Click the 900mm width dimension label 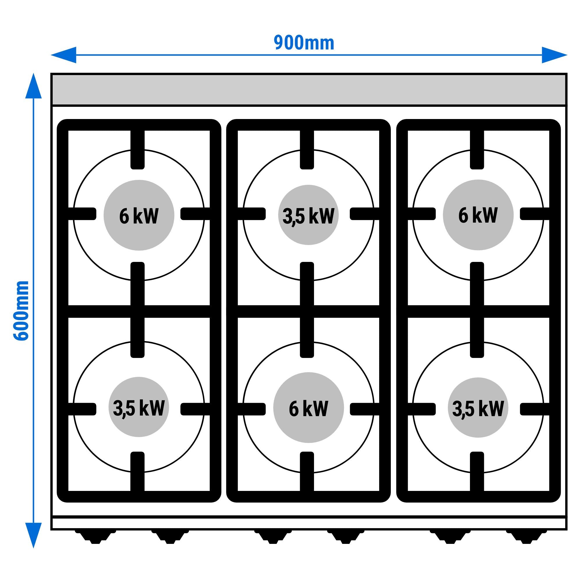(x=304, y=43)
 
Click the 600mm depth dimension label (x=21, y=310)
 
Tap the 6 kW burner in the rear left (x=139, y=215)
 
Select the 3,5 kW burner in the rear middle (x=308, y=215)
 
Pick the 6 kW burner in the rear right (x=478, y=215)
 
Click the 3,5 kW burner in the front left (x=139, y=407)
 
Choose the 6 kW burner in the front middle (x=308, y=408)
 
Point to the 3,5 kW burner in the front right (x=478, y=407)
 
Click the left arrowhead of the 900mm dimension (x=63, y=55)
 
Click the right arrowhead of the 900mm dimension (x=555, y=55)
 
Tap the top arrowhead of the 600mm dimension (x=33, y=86)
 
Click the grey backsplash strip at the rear (x=309, y=89)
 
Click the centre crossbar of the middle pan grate (x=308, y=311)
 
